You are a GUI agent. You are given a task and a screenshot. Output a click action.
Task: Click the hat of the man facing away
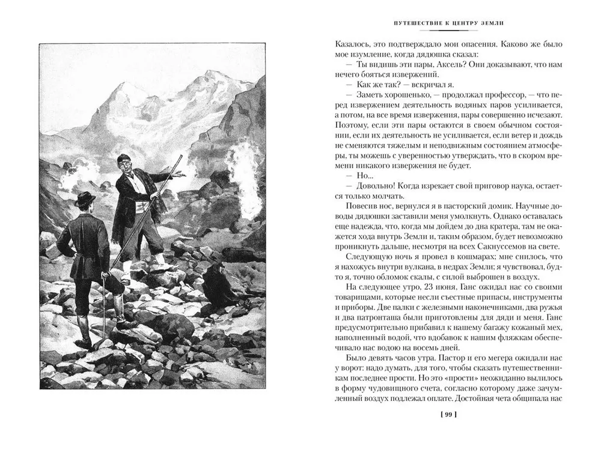tap(85, 199)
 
